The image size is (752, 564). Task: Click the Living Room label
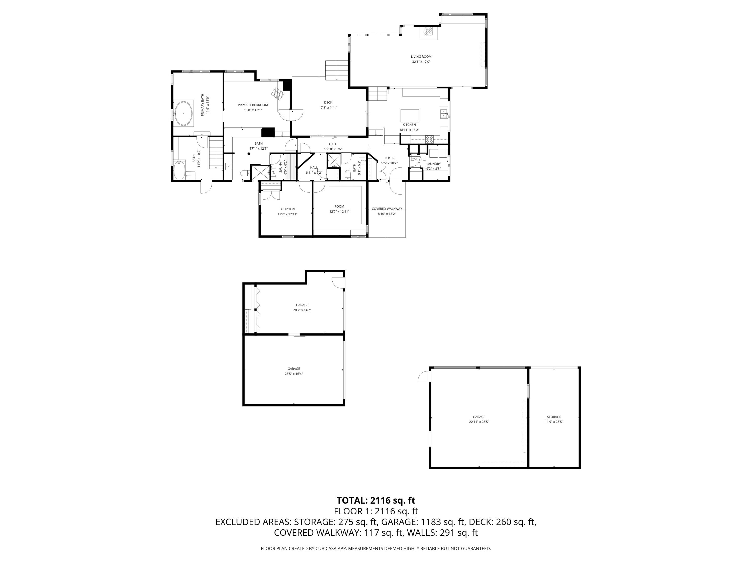(x=421, y=57)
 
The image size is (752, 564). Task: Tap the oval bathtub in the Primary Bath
(x=183, y=113)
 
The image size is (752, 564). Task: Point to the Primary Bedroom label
(x=253, y=105)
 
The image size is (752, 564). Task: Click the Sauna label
(x=280, y=167)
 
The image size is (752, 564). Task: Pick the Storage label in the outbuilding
(x=554, y=417)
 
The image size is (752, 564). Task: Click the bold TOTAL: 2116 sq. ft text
(x=376, y=500)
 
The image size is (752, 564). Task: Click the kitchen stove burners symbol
(x=429, y=139)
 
